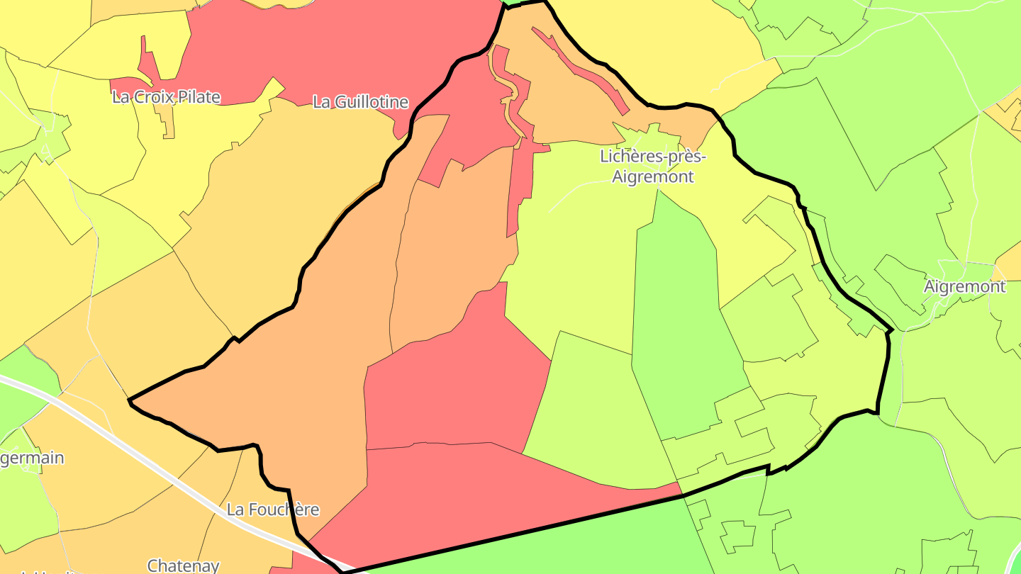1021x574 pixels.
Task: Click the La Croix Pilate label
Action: [x=166, y=97]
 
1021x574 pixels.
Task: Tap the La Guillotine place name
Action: [x=361, y=102]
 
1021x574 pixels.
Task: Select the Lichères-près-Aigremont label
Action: [x=653, y=166]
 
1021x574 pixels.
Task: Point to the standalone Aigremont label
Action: [x=964, y=287]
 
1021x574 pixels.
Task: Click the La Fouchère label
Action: [x=273, y=510]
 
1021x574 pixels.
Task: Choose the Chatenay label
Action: [x=183, y=565]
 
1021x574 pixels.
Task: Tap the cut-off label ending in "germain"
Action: [x=32, y=458]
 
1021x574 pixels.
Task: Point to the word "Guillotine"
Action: [x=372, y=102]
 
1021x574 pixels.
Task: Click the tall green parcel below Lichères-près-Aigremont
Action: [x=681, y=319]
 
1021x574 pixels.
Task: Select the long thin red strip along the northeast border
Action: [x=581, y=71]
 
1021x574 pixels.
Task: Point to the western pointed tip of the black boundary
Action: [x=130, y=401]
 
